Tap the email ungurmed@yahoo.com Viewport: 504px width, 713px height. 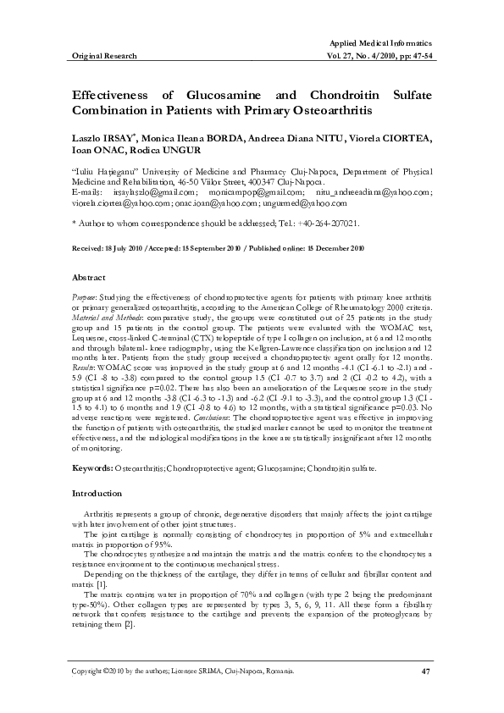[292, 204]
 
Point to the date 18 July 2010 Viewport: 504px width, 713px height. [116, 247]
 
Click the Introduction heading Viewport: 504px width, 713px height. [97, 492]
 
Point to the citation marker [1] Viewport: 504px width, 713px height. [101, 585]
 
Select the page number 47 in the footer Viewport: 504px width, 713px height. [426, 672]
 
